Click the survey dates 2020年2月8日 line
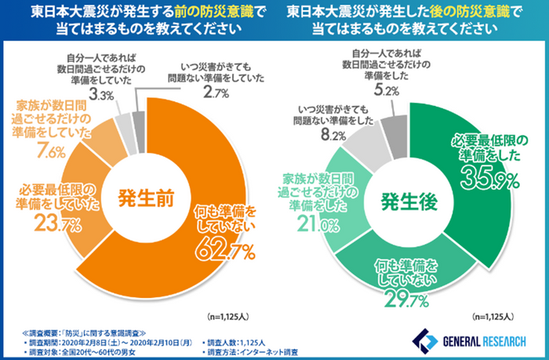(x=110, y=343)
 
